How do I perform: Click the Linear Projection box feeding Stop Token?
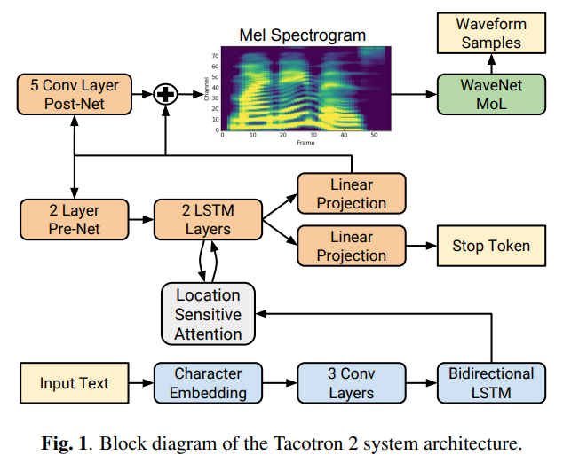[x=351, y=247]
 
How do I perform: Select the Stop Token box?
[x=491, y=246]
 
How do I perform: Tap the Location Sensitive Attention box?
[x=208, y=314]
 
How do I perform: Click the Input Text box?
[x=75, y=383]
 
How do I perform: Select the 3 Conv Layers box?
[x=351, y=383]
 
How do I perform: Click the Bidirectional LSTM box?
[x=491, y=383]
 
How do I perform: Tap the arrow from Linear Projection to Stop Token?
[x=421, y=247]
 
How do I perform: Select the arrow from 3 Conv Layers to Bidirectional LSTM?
[x=421, y=383]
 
